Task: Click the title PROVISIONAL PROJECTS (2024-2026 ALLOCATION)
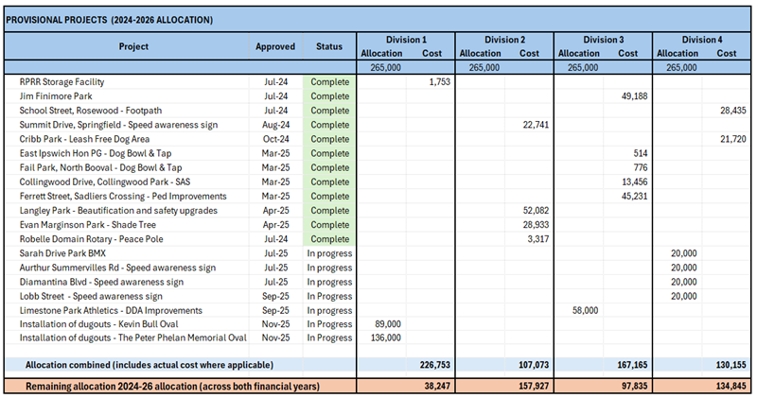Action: (x=110, y=20)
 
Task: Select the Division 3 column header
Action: (x=603, y=40)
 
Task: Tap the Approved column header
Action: (x=275, y=46)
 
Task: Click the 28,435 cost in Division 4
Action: (x=727, y=111)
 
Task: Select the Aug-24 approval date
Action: (x=276, y=125)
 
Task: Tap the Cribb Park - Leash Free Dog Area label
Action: (x=85, y=139)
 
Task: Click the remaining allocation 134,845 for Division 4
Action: (x=724, y=386)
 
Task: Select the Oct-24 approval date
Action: (x=276, y=139)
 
